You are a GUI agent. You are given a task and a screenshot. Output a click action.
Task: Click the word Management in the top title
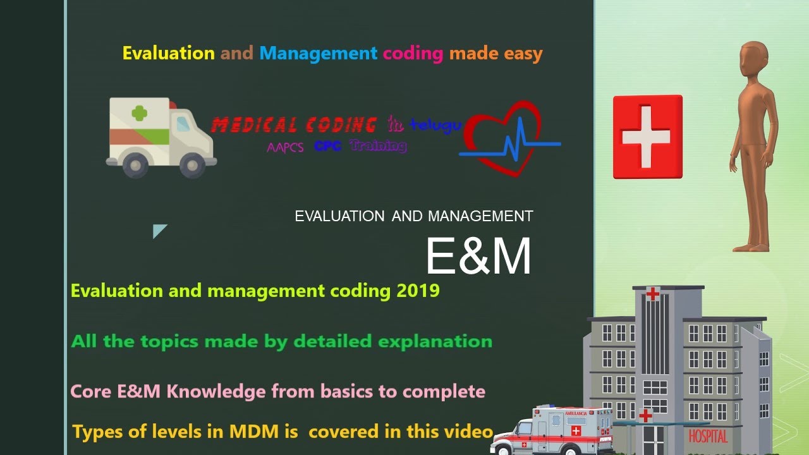(x=318, y=53)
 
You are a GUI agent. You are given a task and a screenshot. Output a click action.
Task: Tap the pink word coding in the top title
(x=413, y=54)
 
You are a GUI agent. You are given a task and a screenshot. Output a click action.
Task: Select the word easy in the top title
(x=523, y=54)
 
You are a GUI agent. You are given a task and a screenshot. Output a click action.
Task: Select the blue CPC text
(x=328, y=146)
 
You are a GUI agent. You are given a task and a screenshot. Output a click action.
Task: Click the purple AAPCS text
(x=285, y=147)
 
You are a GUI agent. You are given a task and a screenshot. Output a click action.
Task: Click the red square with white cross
(x=647, y=136)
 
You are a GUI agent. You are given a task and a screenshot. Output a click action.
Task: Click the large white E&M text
(x=478, y=257)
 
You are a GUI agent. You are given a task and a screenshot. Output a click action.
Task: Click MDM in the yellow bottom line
(x=258, y=432)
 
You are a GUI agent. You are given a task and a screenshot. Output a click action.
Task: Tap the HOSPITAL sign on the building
(x=708, y=436)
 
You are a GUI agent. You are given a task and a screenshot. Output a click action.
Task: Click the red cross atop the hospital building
(x=652, y=293)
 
